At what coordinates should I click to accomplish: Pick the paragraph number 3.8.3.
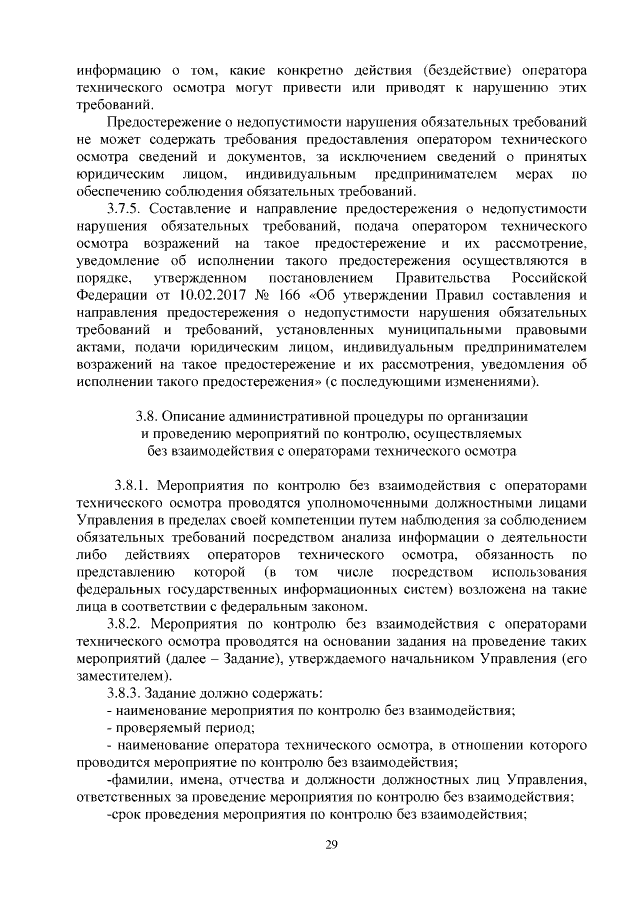coord(125,693)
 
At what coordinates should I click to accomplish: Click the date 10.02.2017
coord(188,296)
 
